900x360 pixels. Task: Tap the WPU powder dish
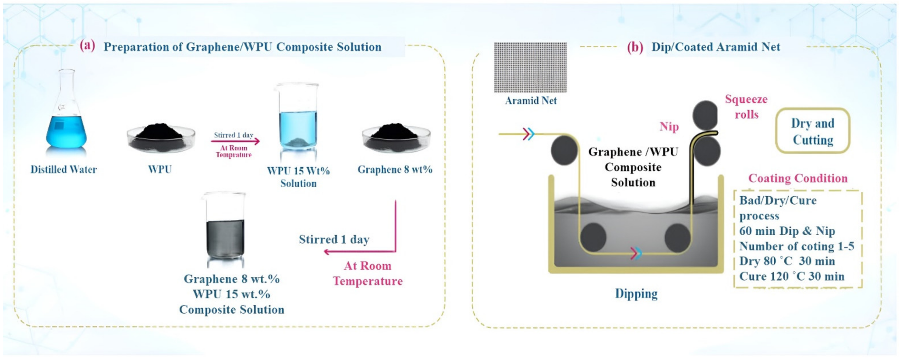[x=161, y=138]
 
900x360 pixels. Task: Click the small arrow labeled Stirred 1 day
[x=235, y=141]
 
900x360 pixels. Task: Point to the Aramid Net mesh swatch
[x=530, y=67]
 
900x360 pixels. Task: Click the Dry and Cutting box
[x=813, y=131]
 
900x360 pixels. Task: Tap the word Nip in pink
[x=669, y=127]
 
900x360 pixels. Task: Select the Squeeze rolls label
[x=746, y=107]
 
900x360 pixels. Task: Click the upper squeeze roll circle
[x=705, y=115]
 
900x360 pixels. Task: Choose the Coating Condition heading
[x=797, y=178]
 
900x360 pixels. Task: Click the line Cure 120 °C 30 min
[x=791, y=276]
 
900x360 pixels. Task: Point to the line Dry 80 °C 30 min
[x=787, y=261]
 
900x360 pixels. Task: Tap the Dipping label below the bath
[x=636, y=293]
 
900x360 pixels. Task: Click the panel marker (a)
[x=87, y=46]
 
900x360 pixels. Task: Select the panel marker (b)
[x=635, y=47]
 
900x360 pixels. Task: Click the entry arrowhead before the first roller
[x=528, y=134]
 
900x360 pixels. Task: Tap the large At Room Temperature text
[x=368, y=273]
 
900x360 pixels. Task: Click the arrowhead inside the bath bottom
[x=636, y=253]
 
